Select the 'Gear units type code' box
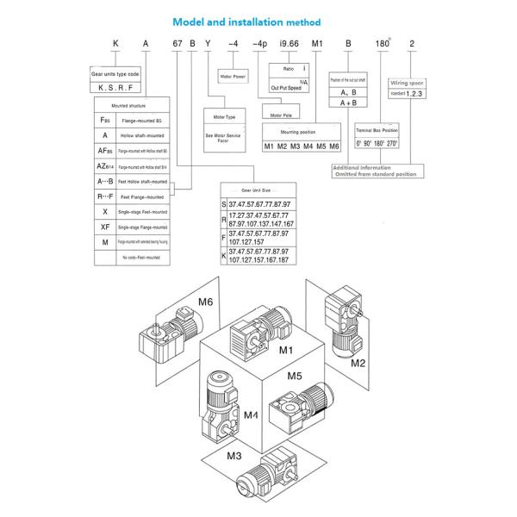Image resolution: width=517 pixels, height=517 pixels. click(114, 76)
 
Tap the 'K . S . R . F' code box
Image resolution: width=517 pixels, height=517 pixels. click(114, 87)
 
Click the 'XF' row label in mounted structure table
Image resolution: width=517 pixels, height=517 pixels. click(104, 226)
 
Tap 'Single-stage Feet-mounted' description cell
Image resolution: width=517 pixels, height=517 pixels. click(142, 211)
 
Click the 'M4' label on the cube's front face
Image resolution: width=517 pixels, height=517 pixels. click(251, 415)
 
